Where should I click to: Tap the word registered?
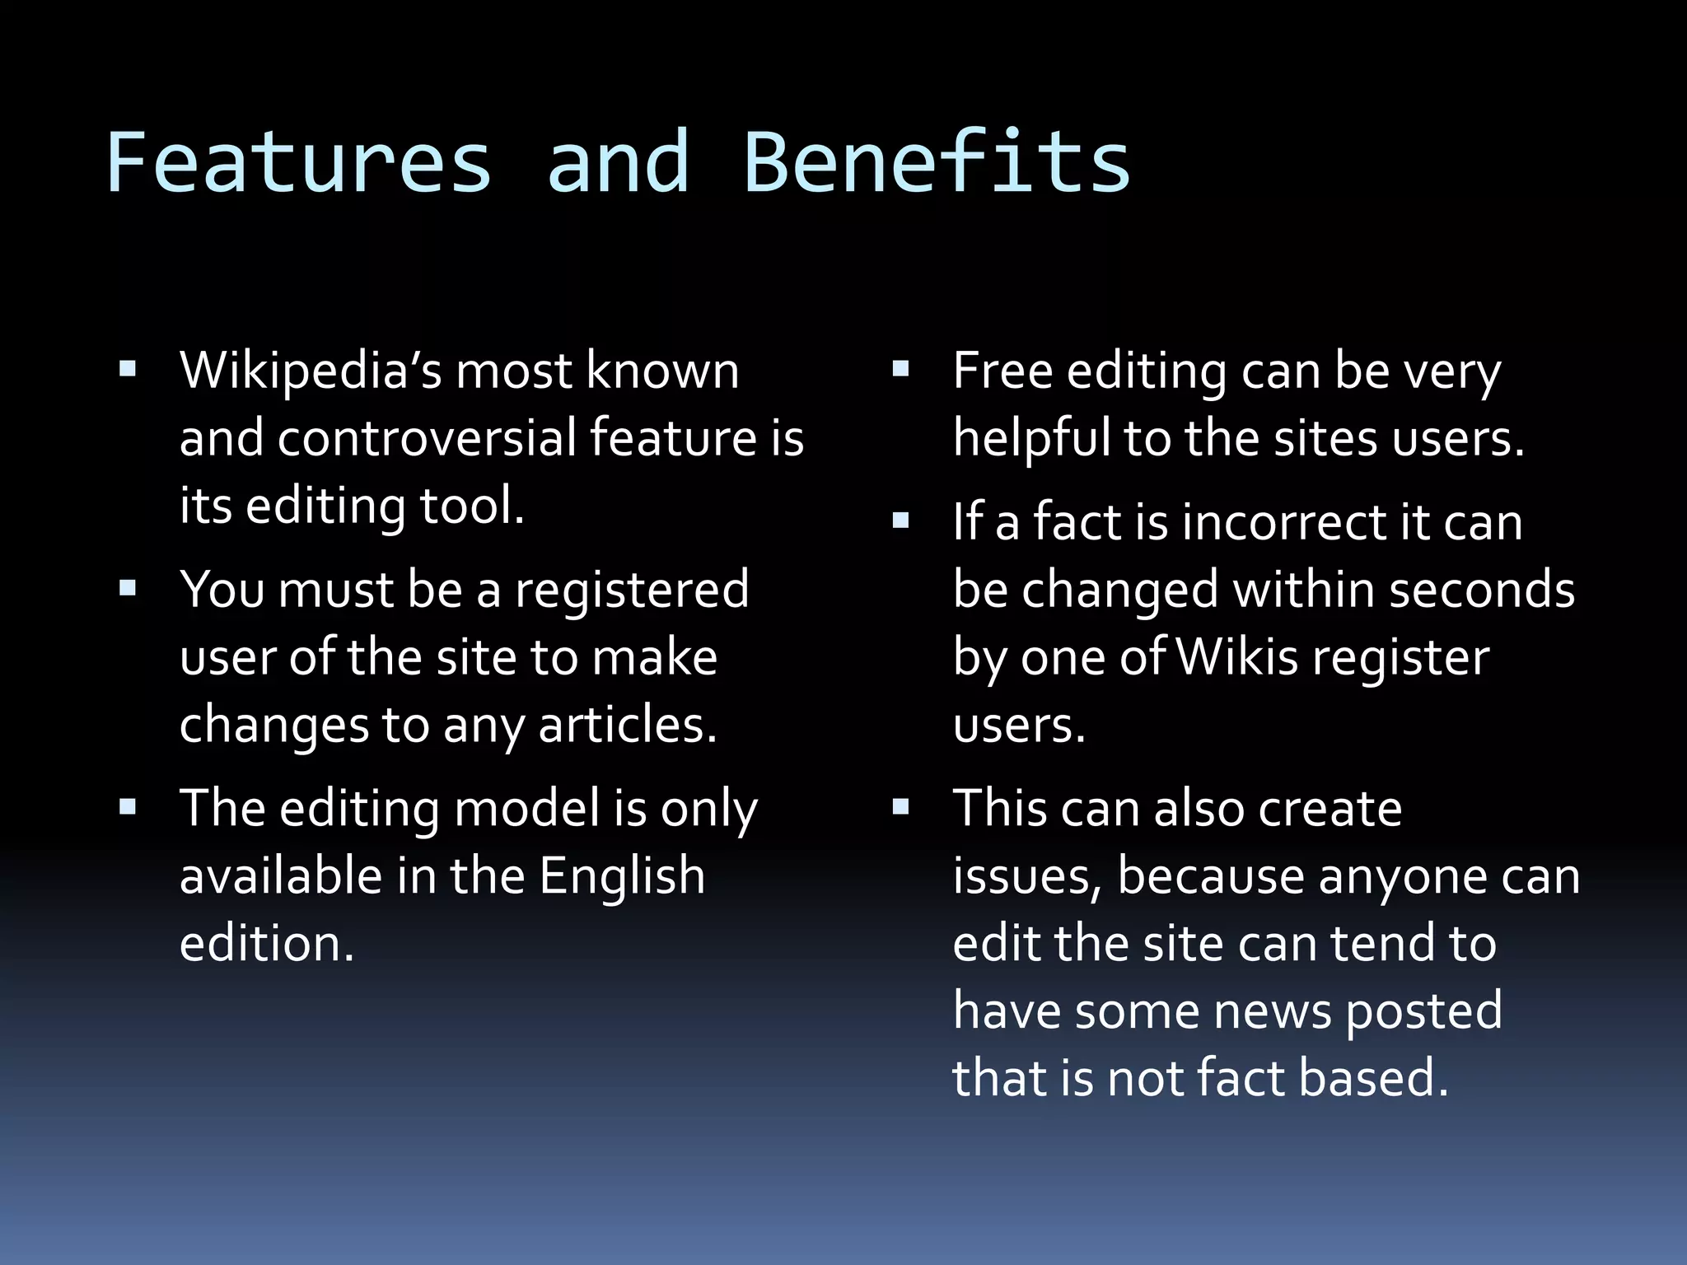(x=632, y=590)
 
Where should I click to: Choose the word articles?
(x=627, y=726)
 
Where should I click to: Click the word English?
(x=622, y=875)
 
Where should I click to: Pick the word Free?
(x=1002, y=371)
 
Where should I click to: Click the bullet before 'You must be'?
(x=128, y=589)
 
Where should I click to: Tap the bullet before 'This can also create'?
(x=900, y=806)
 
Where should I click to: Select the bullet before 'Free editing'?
(x=900, y=370)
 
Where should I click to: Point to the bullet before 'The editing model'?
(x=128, y=806)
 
